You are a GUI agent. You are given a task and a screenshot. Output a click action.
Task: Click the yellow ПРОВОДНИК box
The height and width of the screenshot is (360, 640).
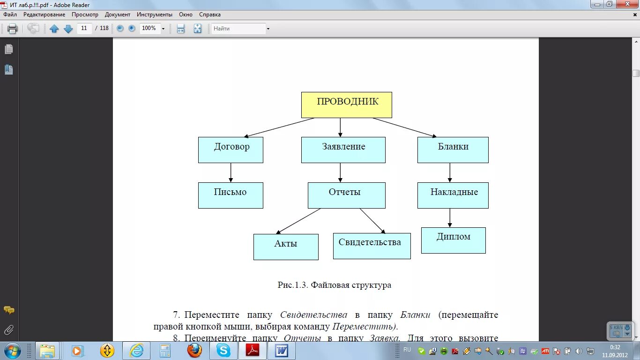tap(346, 105)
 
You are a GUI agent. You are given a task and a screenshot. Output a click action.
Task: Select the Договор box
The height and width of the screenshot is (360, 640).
tap(231, 150)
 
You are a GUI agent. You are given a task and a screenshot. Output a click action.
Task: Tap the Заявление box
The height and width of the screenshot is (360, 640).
tap(343, 150)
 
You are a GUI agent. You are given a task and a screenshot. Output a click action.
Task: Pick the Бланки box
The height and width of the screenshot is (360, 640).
tap(453, 150)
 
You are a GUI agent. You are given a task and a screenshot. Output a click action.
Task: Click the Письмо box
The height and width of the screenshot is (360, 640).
tap(231, 195)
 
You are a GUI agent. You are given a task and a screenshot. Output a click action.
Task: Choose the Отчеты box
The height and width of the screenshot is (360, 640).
tap(346, 195)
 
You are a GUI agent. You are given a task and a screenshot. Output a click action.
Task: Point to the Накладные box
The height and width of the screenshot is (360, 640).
tap(453, 195)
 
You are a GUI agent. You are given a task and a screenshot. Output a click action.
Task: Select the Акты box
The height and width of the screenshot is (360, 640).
tap(286, 247)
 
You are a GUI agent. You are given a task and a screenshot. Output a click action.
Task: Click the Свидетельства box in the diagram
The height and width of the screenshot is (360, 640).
tap(372, 246)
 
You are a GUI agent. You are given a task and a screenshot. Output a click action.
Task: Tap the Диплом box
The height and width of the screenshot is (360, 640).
tap(453, 240)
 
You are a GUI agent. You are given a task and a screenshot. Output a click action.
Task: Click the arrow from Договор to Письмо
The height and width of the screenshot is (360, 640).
tap(231, 172)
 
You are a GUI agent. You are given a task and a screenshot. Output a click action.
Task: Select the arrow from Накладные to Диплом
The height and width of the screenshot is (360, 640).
tap(450, 218)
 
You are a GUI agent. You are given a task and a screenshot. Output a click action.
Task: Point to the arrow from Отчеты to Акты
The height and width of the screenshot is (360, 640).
tap(298, 221)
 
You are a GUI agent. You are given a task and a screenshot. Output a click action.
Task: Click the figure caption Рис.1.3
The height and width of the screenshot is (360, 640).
tap(334, 285)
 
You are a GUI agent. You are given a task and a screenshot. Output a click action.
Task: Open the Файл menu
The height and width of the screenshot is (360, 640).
tap(10, 15)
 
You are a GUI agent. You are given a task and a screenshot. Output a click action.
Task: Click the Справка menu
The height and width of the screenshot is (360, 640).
tap(209, 15)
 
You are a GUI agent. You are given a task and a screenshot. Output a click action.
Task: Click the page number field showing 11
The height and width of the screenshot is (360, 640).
tap(84, 28)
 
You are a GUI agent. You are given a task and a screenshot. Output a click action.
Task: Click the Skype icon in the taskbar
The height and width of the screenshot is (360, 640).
tap(223, 350)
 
